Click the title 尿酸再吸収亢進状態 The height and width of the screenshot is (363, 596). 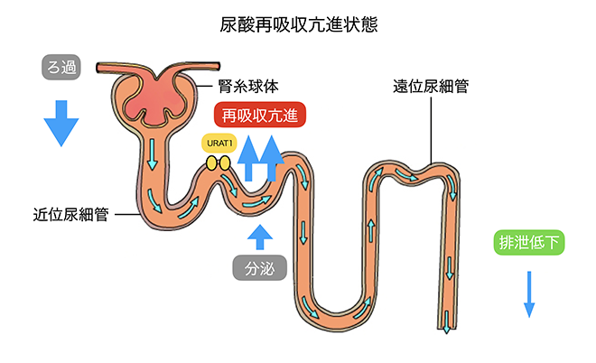pyautogui.click(x=298, y=24)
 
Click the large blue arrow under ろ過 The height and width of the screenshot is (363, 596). pyautogui.click(x=61, y=121)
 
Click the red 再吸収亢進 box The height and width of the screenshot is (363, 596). pyautogui.click(x=259, y=116)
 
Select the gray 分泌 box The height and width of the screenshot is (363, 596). pyautogui.click(x=259, y=267)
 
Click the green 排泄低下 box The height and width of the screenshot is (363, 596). pyautogui.click(x=530, y=242)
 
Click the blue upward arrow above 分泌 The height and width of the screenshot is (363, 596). pyautogui.click(x=260, y=236)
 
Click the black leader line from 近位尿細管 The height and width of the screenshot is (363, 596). pyautogui.click(x=126, y=215)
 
